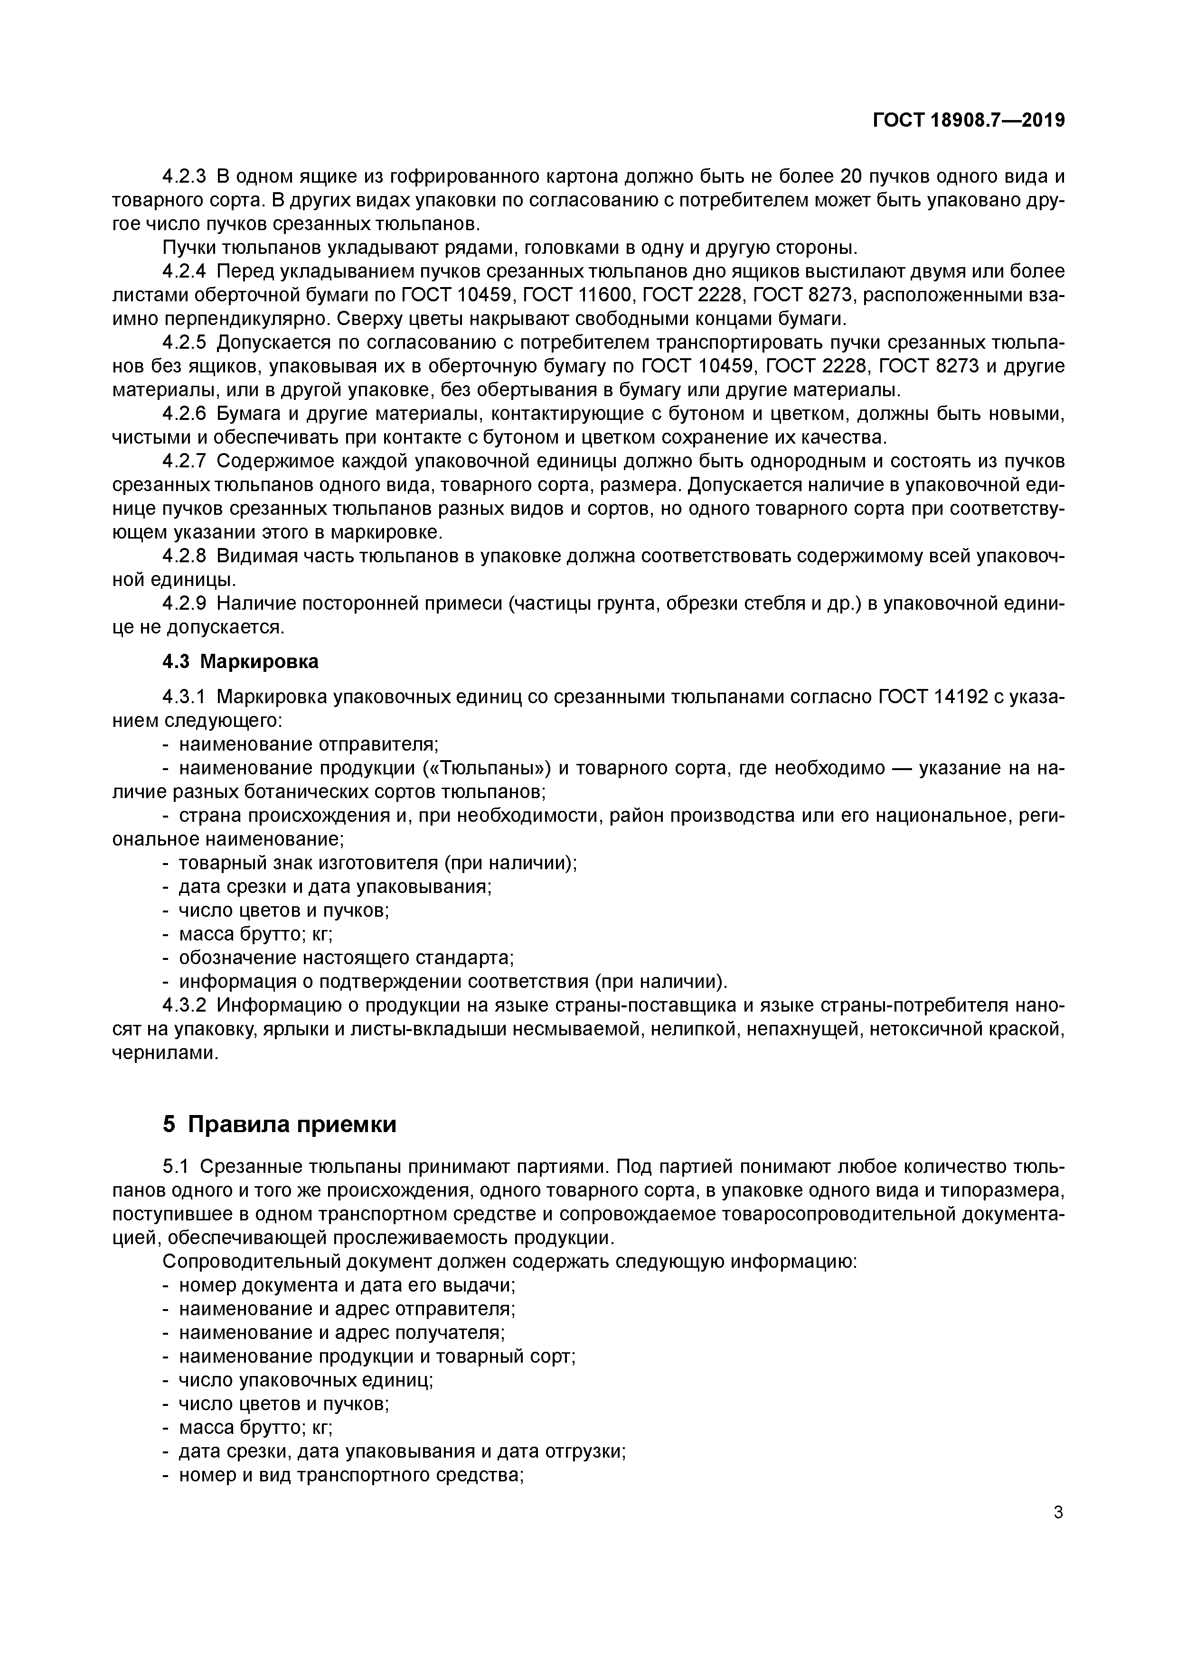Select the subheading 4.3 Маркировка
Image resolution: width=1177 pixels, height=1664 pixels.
coord(240,662)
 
